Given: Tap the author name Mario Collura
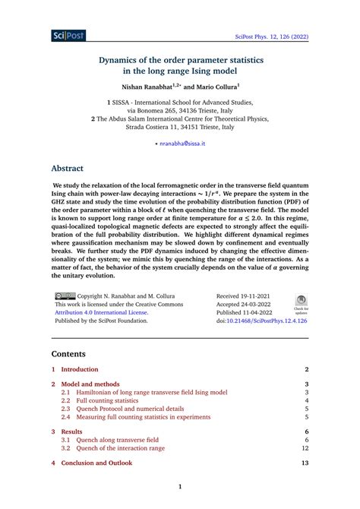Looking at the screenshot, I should (x=218, y=87).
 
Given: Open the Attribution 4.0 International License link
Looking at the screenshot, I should (x=99, y=311).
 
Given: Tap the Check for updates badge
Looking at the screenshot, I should (x=301, y=304).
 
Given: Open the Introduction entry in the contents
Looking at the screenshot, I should (x=80, y=368).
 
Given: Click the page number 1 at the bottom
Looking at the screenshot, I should (x=180, y=487).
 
